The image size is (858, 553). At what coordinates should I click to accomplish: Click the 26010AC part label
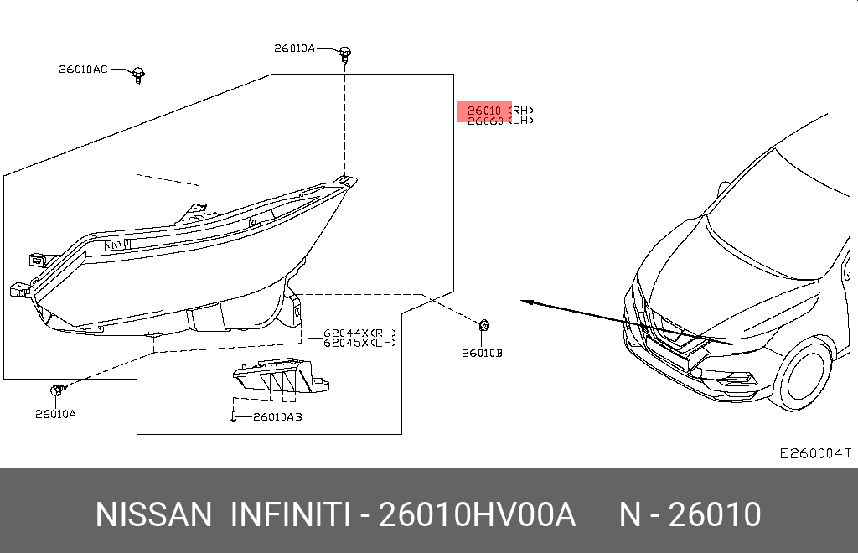tap(83, 70)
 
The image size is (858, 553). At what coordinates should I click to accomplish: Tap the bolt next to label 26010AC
tap(138, 75)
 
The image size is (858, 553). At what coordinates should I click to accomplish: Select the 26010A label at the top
tap(294, 49)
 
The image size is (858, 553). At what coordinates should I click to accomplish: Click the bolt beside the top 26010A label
tap(344, 54)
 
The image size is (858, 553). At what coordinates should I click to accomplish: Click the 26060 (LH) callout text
tap(500, 121)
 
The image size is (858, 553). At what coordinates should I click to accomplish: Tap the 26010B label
tap(482, 354)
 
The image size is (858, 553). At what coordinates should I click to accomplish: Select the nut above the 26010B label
tap(484, 326)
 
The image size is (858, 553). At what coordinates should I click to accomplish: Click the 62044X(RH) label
tap(359, 333)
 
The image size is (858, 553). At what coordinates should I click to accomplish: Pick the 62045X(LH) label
tap(359, 343)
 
